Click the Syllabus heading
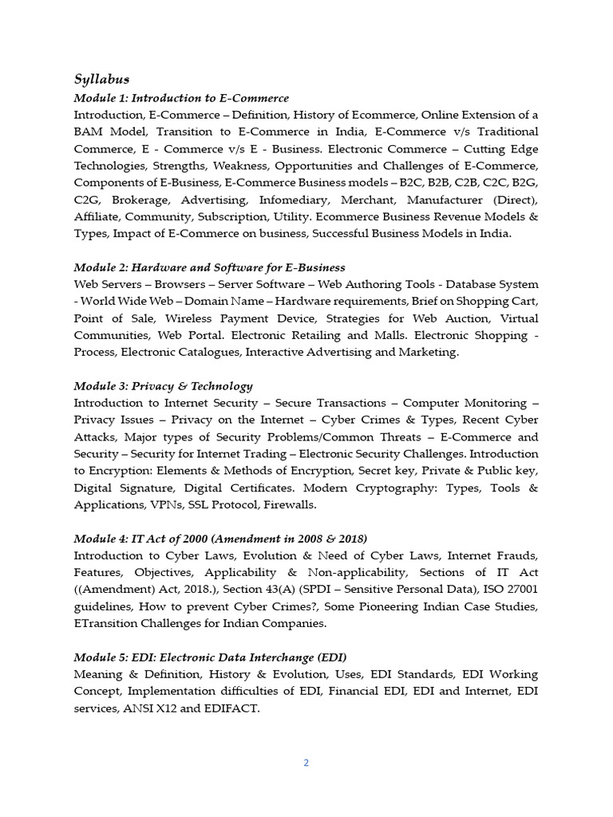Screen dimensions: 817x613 coord(101,79)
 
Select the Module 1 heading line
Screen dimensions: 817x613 coord(181,97)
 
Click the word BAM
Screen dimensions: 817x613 coord(89,131)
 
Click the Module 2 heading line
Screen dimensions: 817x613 coord(209,266)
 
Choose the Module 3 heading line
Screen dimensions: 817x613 coord(163,385)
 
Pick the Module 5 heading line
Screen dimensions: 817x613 coord(210,657)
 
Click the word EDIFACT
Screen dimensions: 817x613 coord(230,708)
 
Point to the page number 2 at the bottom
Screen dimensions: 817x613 coord(306,762)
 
